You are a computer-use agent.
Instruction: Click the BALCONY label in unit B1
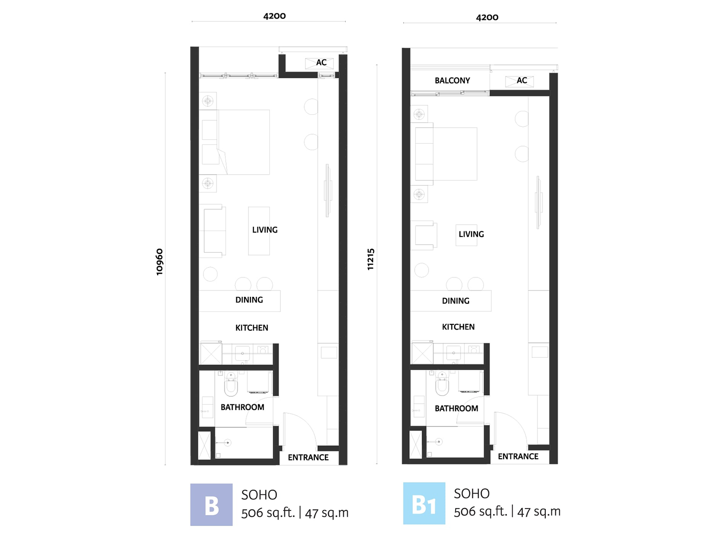[452, 80]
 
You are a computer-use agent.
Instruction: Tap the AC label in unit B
[321, 62]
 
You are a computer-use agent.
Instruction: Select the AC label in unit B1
[522, 80]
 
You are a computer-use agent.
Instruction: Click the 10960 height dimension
[160, 262]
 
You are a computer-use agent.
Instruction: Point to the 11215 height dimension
[371, 260]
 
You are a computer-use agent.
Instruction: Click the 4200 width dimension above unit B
[274, 16]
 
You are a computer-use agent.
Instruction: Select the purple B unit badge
[212, 505]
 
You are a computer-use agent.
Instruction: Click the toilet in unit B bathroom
[231, 384]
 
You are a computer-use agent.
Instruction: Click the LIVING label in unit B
[264, 230]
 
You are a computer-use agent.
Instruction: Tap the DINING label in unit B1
[456, 301]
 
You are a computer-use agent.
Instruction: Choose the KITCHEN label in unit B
[251, 328]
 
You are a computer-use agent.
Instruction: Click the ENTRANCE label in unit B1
[518, 457]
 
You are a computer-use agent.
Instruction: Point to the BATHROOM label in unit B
[242, 407]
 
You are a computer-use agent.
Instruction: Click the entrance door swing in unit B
[298, 430]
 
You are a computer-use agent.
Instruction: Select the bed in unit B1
[446, 154]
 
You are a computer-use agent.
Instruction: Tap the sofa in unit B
[213, 231]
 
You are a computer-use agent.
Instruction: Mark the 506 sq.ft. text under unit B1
[480, 512]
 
